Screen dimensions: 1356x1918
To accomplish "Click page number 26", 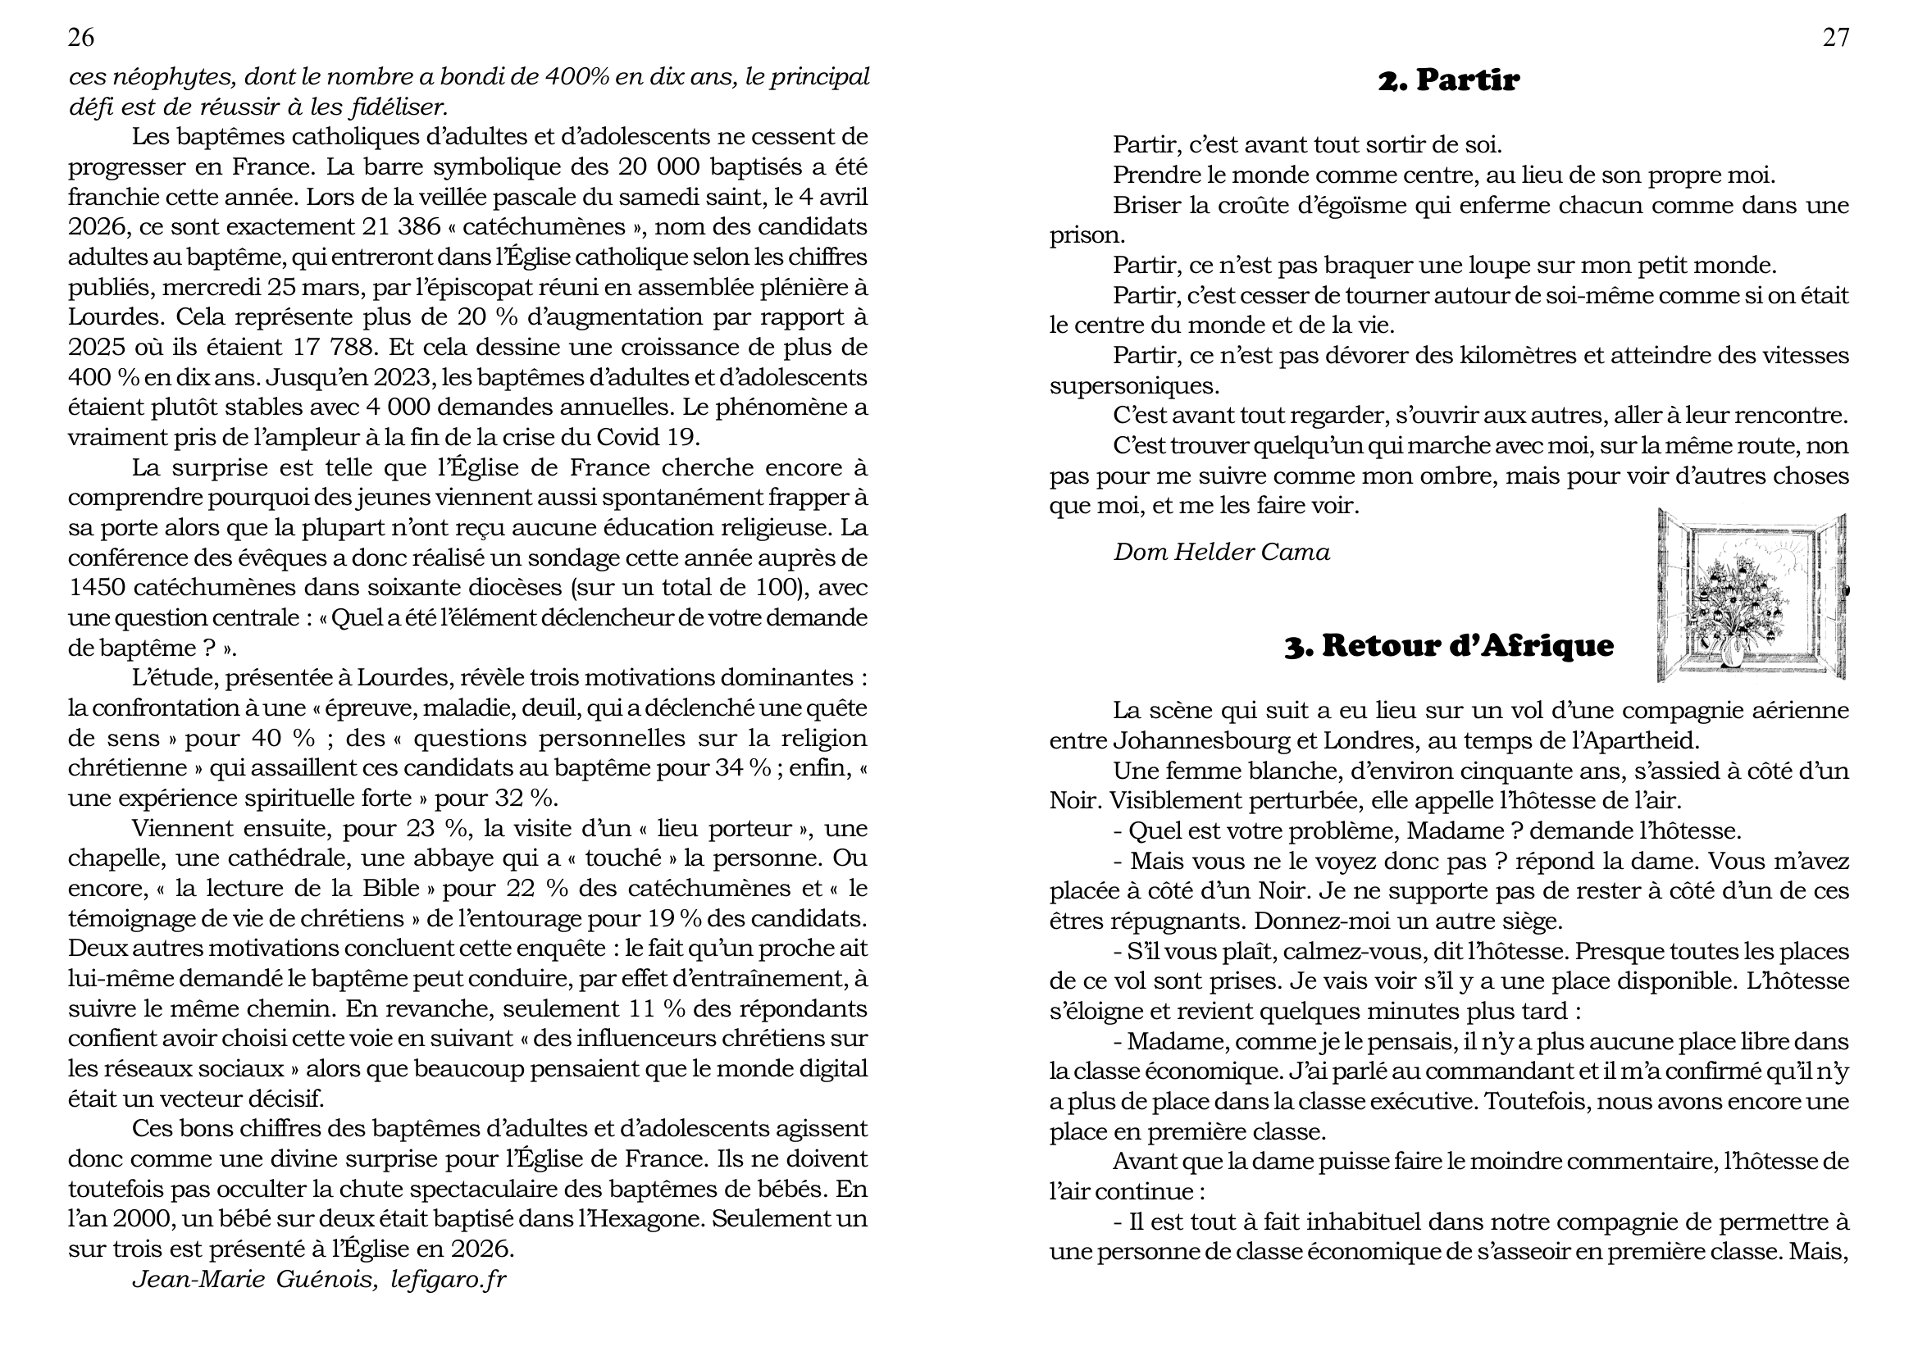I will point(81,38).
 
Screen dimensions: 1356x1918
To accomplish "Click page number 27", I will point(1835,38).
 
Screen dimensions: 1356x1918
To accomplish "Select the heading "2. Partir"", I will point(1448,80).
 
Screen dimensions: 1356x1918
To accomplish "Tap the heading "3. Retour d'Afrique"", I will point(1448,645).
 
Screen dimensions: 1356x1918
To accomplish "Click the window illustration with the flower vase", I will point(1751,594).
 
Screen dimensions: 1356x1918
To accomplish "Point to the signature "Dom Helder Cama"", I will point(1221,552).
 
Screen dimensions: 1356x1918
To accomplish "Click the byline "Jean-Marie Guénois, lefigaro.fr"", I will point(319,1279).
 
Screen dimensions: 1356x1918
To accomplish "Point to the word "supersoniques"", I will point(1133,386).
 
